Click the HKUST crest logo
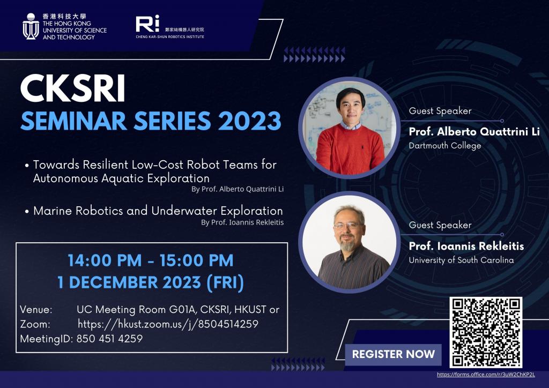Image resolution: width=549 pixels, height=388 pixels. (x=31, y=26)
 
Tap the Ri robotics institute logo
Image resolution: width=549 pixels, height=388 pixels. (x=147, y=24)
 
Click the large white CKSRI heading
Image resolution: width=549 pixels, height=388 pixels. (x=73, y=88)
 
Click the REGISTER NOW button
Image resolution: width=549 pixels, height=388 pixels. (x=393, y=354)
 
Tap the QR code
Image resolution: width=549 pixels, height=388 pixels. (x=486, y=332)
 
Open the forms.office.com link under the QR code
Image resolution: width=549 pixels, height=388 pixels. (x=486, y=375)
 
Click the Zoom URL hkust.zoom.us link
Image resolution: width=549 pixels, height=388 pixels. (x=168, y=324)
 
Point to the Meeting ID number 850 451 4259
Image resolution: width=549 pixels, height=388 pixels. (x=109, y=339)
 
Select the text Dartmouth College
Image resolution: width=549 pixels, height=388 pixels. (x=444, y=146)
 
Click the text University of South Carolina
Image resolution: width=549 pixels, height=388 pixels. (x=461, y=260)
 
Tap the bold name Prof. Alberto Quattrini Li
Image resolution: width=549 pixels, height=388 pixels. (x=474, y=131)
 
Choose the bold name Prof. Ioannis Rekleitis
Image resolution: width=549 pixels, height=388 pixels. (x=466, y=246)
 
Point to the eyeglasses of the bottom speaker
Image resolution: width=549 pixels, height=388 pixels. (x=347, y=226)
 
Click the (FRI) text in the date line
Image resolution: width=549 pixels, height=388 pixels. (x=225, y=282)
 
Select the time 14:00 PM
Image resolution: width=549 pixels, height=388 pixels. (x=105, y=260)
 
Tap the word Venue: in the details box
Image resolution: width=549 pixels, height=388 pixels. (x=36, y=310)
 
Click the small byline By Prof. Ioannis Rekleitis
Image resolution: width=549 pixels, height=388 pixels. (x=242, y=222)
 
